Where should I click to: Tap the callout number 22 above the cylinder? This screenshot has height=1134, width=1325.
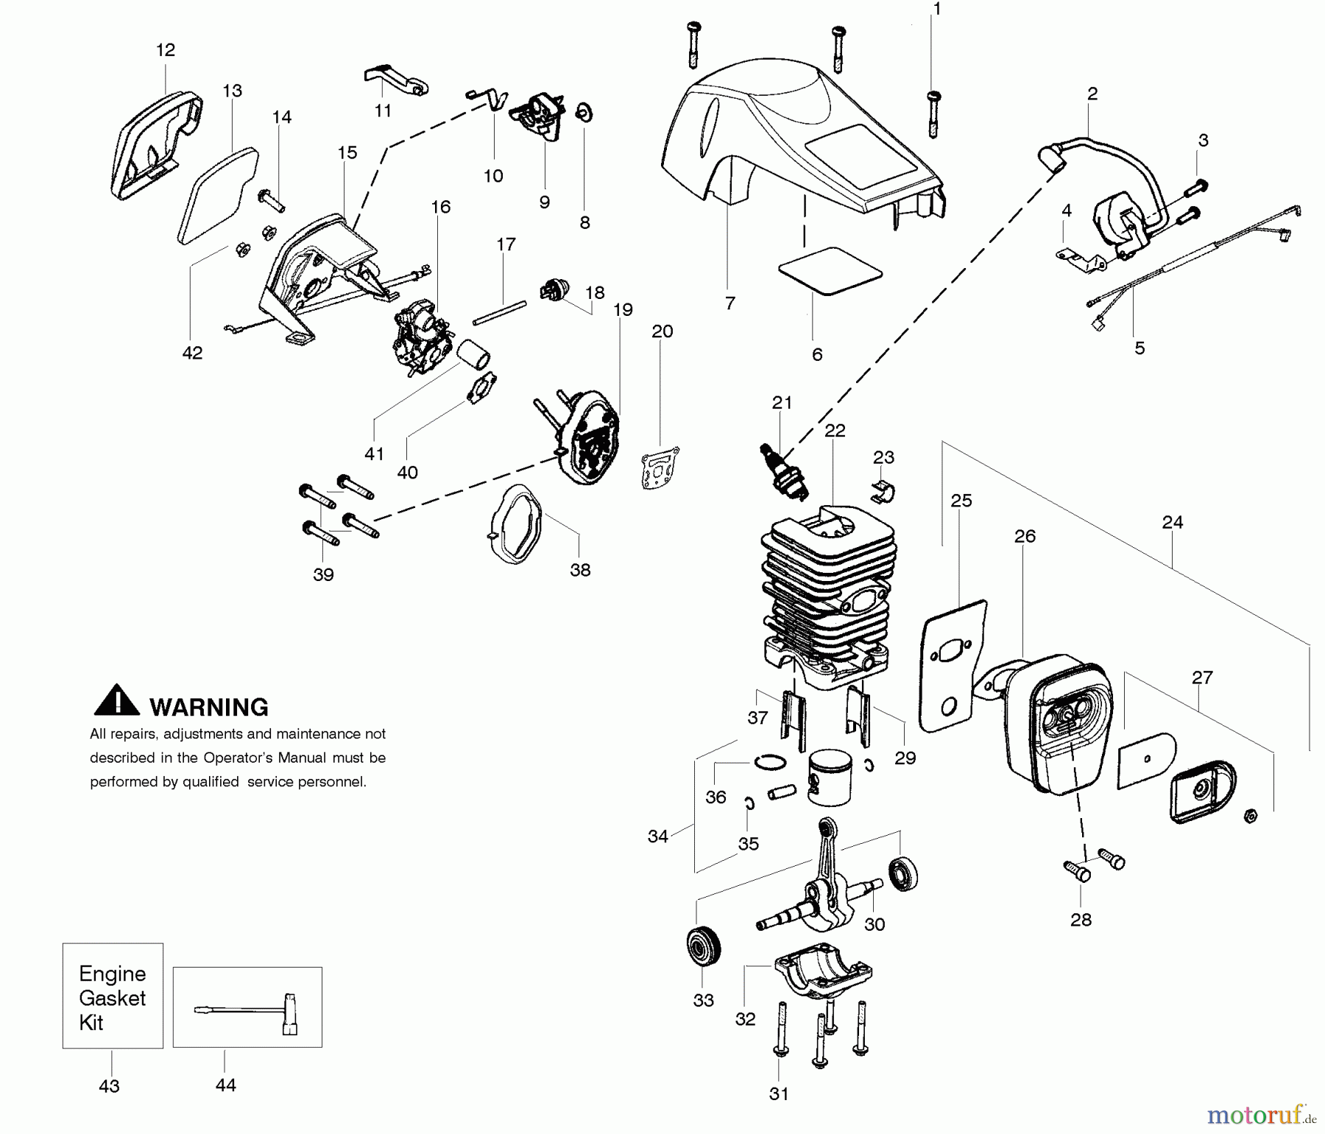point(835,430)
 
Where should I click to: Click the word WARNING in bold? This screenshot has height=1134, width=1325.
point(209,707)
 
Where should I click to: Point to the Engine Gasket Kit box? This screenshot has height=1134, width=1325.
point(113,996)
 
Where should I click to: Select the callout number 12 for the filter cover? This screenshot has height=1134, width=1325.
point(166,50)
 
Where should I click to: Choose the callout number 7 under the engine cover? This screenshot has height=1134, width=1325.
point(729,303)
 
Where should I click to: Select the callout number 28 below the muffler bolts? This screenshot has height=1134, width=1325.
point(1081,920)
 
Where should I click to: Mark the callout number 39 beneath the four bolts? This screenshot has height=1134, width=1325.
point(323,575)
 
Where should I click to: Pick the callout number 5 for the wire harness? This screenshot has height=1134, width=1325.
point(1139,348)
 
